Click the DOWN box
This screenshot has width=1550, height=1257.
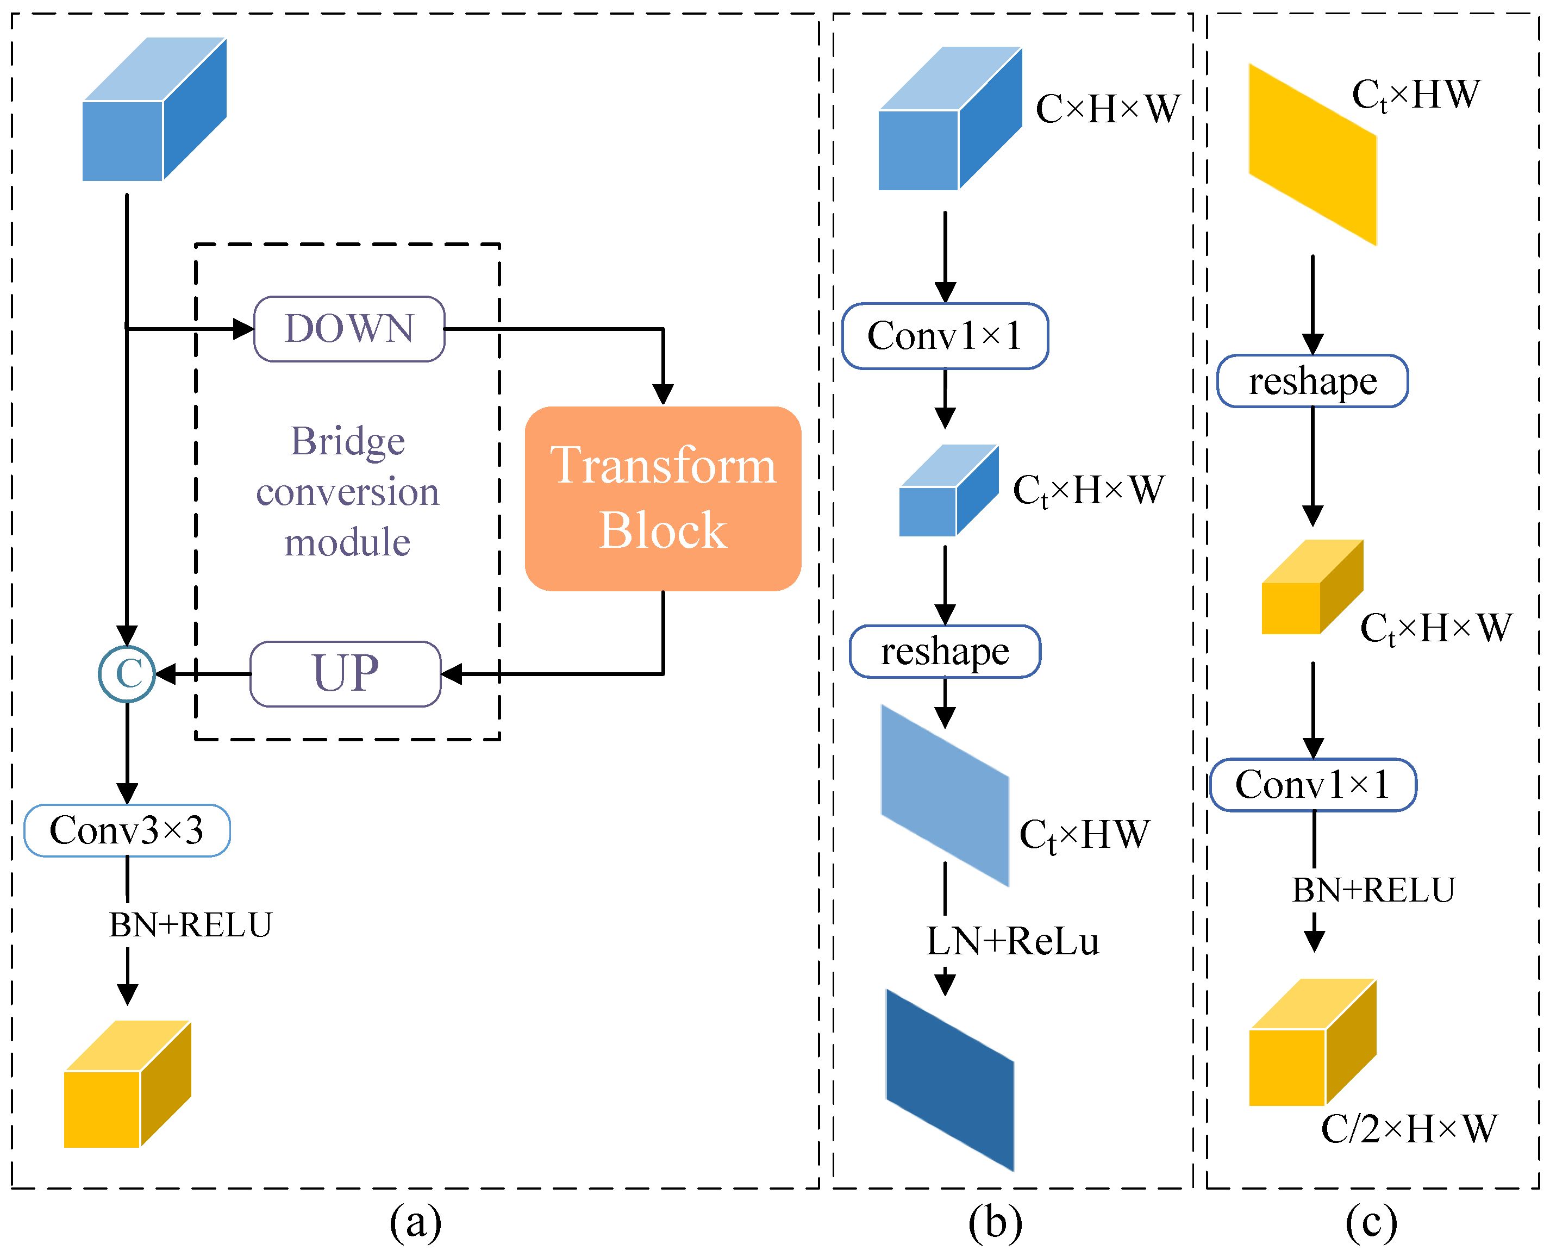[349, 329]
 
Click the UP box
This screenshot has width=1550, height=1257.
[345, 673]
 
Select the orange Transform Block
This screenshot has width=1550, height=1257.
[662, 498]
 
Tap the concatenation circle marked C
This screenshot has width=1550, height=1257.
[127, 673]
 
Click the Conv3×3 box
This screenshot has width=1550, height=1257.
[127, 830]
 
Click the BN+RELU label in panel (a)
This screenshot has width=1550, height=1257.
[190, 924]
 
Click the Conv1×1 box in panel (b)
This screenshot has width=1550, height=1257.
[945, 336]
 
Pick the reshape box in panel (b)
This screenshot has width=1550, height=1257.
[945, 651]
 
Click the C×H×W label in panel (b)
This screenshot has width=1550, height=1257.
[1107, 109]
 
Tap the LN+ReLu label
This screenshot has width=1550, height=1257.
[1012, 941]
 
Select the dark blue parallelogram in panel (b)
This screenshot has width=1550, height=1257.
[949, 1079]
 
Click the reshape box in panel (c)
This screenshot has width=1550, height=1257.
[1312, 381]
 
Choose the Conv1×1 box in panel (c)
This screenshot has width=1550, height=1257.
[1312, 784]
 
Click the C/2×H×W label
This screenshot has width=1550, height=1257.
[1408, 1129]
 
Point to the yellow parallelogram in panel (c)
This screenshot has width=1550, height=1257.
[1312, 154]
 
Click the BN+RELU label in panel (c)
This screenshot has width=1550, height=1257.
[1373, 890]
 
